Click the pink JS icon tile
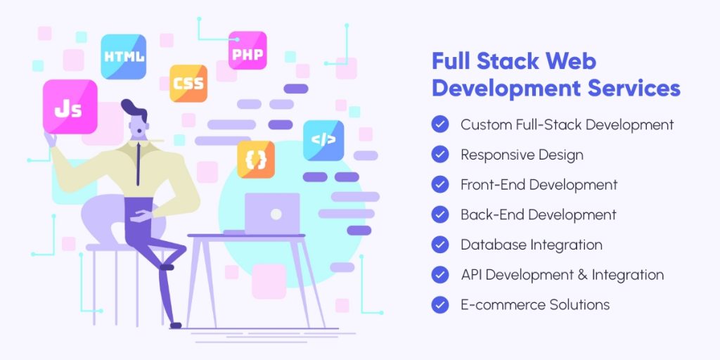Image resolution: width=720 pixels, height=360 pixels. [x=70, y=107]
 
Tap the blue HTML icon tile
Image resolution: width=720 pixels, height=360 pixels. [x=124, y=56]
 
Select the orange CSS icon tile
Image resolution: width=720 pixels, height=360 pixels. [x=188, y=84]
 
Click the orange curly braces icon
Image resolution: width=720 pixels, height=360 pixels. [x=255, y=159]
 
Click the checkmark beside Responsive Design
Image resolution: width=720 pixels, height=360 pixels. [x=440, y=155]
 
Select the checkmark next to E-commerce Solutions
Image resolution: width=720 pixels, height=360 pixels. [x=440, y=304]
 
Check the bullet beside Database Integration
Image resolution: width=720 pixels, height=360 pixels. [x=440, y=245]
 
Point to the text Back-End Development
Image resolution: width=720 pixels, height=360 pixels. [x=538, y=214]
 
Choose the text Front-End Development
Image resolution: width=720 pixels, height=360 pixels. [x=539, y=185]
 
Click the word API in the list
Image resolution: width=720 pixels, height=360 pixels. [x=471, y=275]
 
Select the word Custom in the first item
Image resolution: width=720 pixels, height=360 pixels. [x=482, y=125]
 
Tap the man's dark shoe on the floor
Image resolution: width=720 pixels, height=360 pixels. [x=175, y=326]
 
